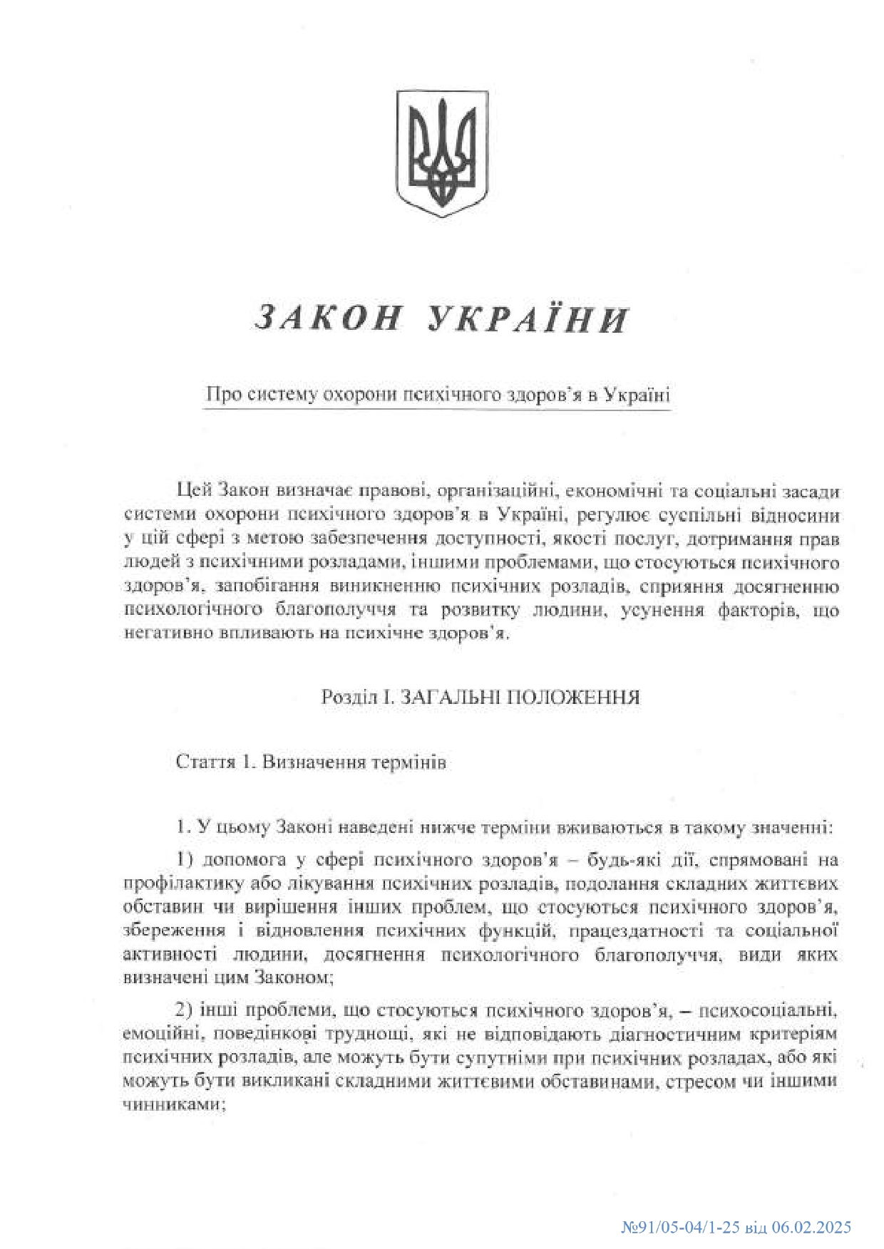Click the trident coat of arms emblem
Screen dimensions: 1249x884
pos(442,153)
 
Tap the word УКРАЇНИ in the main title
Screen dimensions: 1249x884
pos(528,318)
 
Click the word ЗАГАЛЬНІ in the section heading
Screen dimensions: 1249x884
pos(447,697)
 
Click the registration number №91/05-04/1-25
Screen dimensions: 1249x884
pos(677,1228)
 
